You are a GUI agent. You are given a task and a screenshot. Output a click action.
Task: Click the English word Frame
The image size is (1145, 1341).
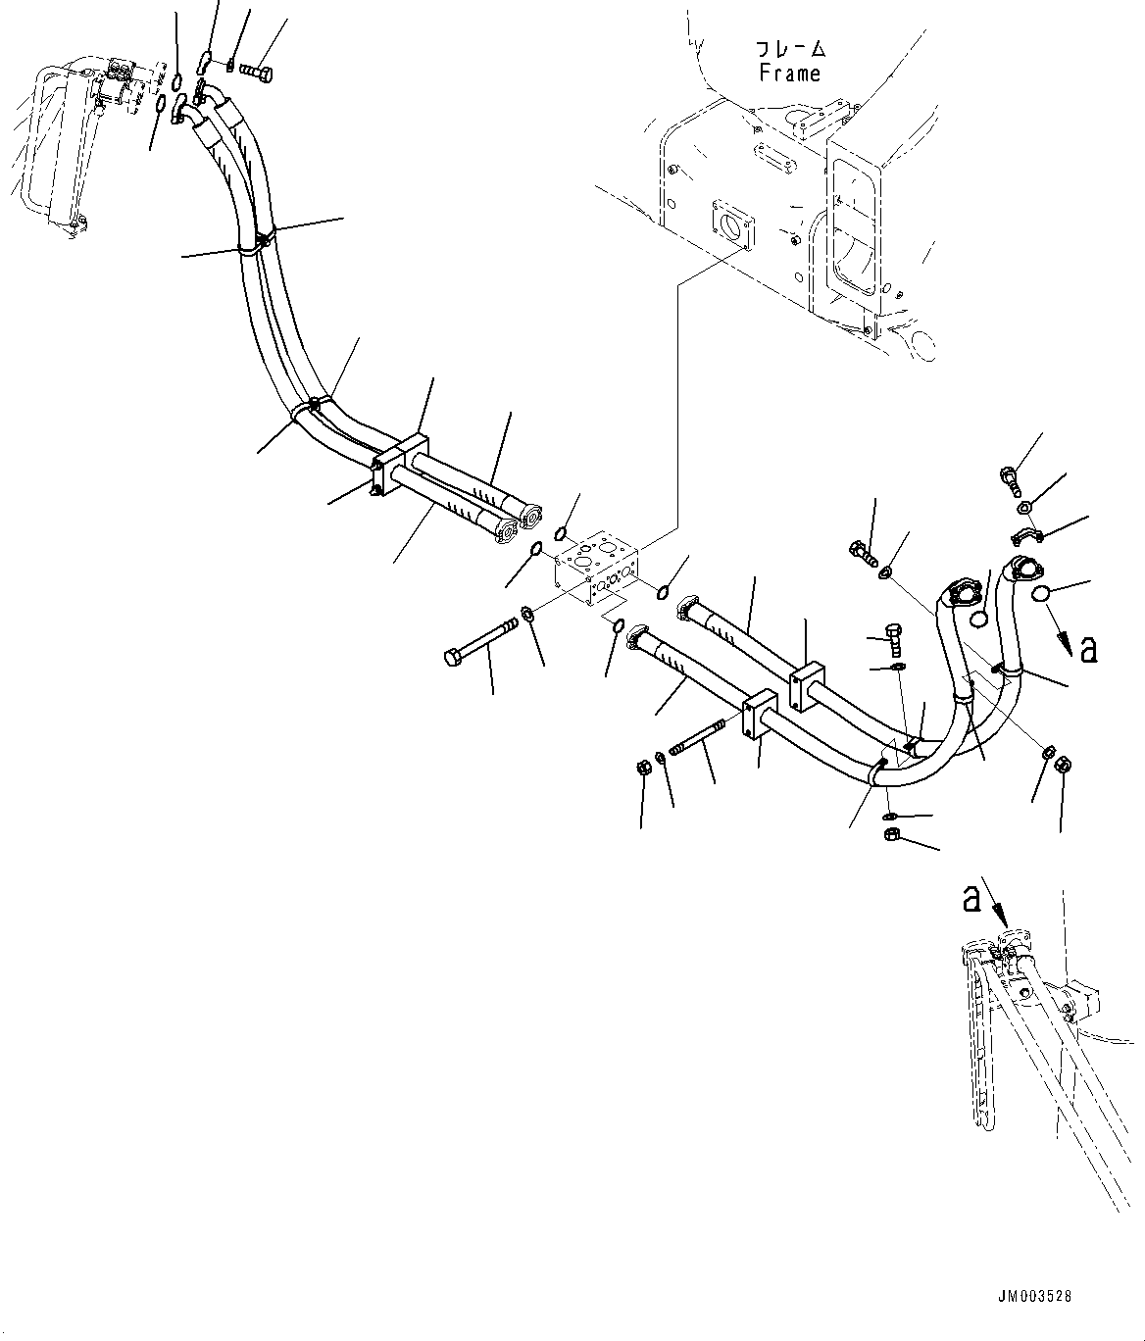coord(790,74)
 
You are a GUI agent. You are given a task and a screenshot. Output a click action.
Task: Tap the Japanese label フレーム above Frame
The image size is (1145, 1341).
coord(790,49)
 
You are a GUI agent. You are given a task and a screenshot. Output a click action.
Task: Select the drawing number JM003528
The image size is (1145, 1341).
coord(1036,1296)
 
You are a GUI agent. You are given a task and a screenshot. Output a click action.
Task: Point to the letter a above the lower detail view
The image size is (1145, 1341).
coord(971,898)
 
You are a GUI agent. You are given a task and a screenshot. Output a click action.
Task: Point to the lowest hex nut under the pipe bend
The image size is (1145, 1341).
coord(893,834)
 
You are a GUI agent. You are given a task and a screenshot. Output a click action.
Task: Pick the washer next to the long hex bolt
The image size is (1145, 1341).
coord(527,615)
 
